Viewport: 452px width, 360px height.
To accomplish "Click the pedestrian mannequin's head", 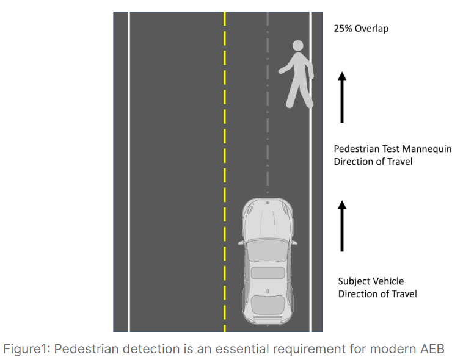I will point(298,46).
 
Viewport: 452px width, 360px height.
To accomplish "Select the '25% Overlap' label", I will point(361,28).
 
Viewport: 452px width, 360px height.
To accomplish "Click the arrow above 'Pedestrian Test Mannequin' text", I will point(342,96).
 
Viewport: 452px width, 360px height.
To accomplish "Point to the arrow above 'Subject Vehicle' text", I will point(342,225).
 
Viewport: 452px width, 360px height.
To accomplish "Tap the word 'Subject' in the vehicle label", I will point(354,281).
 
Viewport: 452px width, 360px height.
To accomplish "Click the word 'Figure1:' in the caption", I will point(26,349).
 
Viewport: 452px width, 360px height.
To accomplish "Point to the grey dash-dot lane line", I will point(267,122).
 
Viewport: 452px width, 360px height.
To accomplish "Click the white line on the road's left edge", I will point(129,171).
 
